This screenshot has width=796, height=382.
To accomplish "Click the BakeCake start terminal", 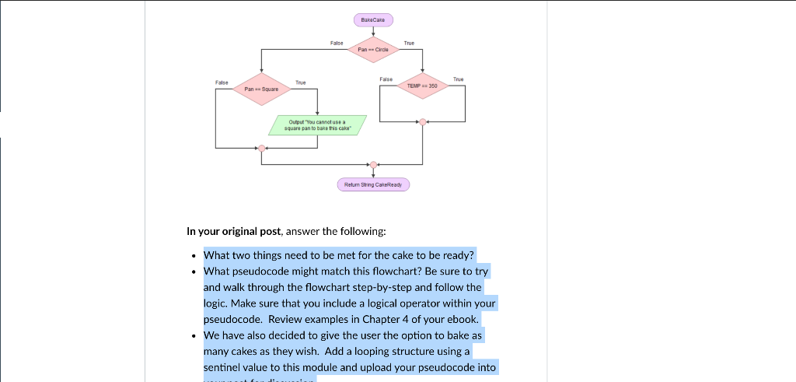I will click(x=374, y=19).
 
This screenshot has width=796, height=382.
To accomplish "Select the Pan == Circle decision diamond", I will click(x=374, y=49).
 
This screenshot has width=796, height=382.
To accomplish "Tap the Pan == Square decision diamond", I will click(x=261, y=89).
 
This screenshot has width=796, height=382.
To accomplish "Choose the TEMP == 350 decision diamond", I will click(x=422, y=85).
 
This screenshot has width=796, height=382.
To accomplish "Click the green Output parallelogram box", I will click(x=316, y=125).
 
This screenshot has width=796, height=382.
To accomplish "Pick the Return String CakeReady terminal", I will click(x=373, y=184).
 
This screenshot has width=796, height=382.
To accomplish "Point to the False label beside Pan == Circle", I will click(x=337, y=43).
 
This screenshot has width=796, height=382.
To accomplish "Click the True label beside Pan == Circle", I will click(x=409, y=43).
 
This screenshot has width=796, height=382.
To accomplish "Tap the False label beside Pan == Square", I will click(x=222, y=82).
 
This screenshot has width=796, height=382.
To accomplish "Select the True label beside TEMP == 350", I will click(x=458, y=79).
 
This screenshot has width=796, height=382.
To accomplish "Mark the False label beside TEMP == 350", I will click(x=386, y=79).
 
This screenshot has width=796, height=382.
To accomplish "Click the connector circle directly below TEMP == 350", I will click(x=422, y=121).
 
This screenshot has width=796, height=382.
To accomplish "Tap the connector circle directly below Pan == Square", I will click(x=261, y=148).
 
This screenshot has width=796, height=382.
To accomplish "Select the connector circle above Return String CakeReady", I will click(x=374, y=165).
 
